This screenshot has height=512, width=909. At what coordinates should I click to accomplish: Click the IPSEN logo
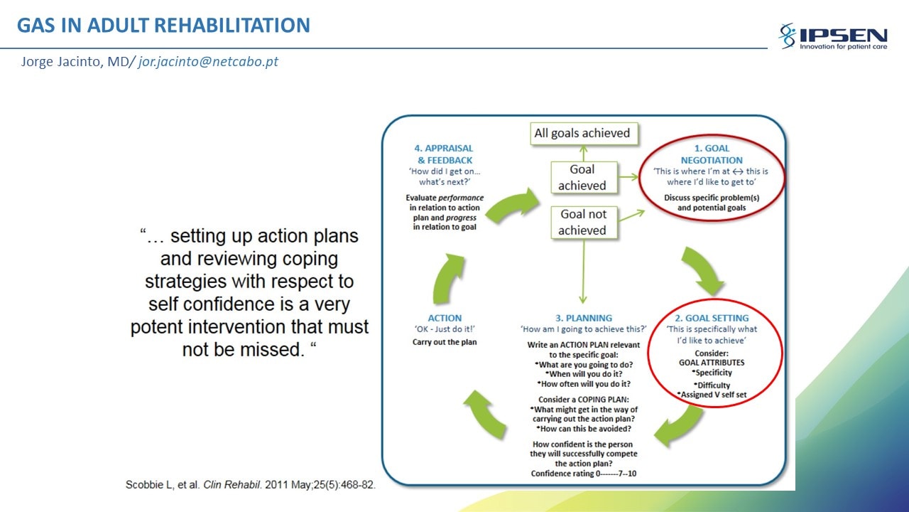(x=833, y=36)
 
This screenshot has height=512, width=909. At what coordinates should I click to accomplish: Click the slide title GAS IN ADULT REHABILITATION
(x=163, y=25)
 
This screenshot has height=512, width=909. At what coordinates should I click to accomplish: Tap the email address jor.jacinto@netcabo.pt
(x=208, y=61)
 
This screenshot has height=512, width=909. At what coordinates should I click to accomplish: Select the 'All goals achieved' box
(x=584, y=133)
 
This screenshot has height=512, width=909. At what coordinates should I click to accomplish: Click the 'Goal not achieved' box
(x=584, y=223)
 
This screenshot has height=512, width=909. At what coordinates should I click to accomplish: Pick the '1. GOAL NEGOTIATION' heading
(x=712, y=154)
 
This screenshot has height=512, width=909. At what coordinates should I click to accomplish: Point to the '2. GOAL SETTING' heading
(x=712, y=318)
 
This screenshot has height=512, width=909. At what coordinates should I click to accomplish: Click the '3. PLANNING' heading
(x=584, y=318)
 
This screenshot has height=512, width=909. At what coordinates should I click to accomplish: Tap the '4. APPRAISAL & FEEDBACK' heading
(x=445, y=154)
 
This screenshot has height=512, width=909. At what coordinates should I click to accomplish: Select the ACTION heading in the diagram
(x=445, y=318)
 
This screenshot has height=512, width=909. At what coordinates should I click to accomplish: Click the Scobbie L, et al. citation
(x=251, y=485)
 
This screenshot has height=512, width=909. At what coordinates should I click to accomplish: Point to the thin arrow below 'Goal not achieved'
(x=584, y=272)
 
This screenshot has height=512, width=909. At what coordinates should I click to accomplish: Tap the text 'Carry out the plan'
(x=445, y=342)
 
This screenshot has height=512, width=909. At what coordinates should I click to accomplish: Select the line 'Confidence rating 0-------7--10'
(x=584, y=474)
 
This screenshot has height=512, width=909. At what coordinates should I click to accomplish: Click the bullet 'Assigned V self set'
(x=712, y=395)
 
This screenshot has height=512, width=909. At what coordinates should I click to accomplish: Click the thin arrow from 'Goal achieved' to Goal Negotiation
(x=628, y=177)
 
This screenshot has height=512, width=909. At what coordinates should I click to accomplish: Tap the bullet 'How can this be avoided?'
(x=584, y=429)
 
